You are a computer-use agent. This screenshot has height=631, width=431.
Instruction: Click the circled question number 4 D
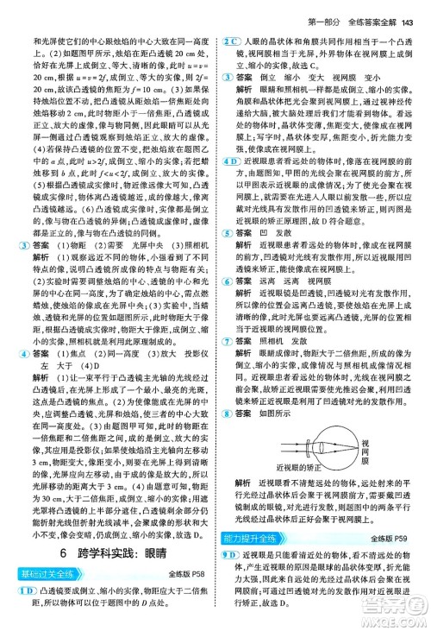231,164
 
